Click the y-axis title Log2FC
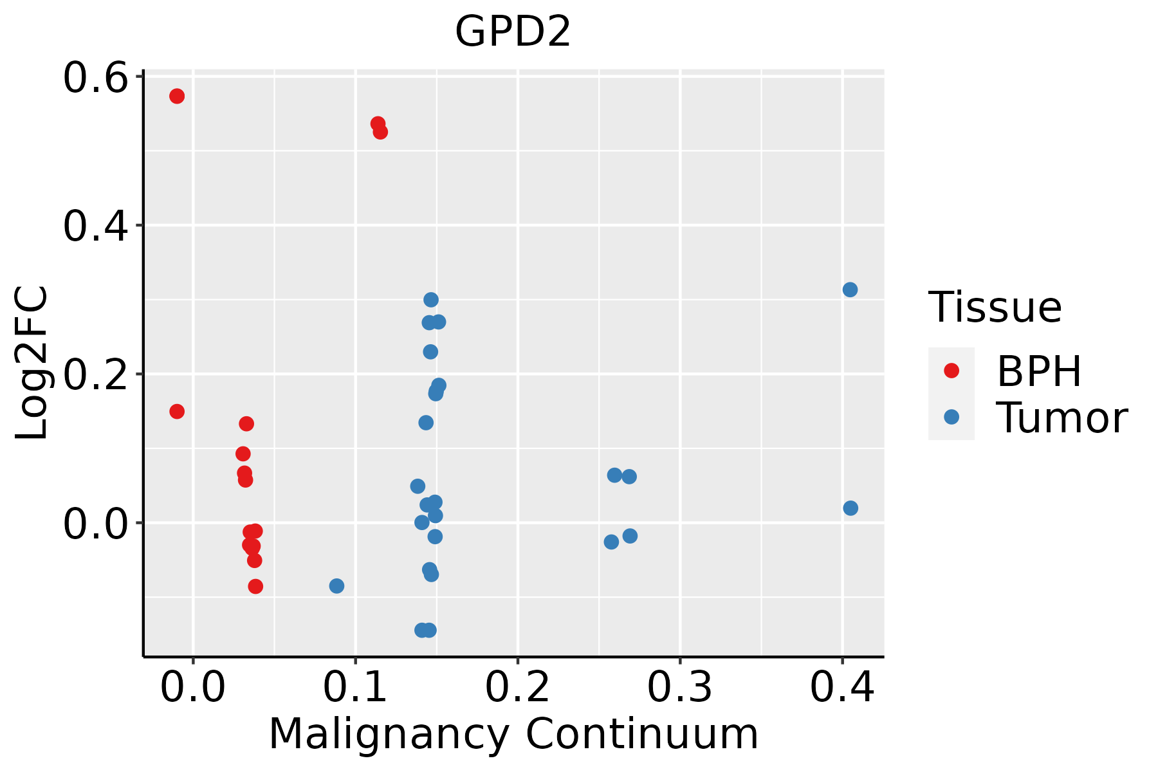pos(32,363)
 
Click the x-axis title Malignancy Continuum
pos(513,735)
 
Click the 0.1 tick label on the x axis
pos(355,687)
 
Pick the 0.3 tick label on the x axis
pos(679,687)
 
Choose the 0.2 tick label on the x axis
pos(517,687)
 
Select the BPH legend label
pos(1039,371)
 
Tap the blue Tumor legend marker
pos(951,417)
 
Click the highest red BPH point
pos(177,96)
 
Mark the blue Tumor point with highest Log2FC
pos(850,289)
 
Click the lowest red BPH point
pos(255,586)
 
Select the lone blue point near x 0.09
pos(336,585)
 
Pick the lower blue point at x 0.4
pos(850,508)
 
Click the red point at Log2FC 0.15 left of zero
pos(177,411)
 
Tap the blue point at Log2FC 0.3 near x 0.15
pos(431,300)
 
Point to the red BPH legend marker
pos(951,371)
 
